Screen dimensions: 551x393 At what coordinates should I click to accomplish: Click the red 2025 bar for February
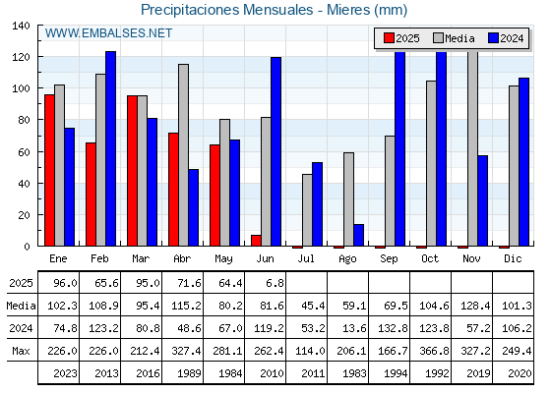[x=91, y=195]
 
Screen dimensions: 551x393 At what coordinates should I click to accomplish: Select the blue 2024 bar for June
[x=275, y=151]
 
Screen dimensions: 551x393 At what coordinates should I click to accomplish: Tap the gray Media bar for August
[x=348, y=199]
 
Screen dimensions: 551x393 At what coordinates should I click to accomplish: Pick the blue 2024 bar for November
[x=482, y=200]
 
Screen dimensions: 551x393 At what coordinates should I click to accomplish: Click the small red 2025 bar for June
[x=256, y=241]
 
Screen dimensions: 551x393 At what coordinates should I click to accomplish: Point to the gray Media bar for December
[x=514, y=166]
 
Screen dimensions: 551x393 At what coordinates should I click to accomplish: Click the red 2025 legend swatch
[x=389, y=38]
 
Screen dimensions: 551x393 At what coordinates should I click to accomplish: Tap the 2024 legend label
[x=512, y=38]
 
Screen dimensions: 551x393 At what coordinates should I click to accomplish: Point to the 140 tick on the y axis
[x=21, y=26]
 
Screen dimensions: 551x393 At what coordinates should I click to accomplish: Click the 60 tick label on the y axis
[x=24, y=152]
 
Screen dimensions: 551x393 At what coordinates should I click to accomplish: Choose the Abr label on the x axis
[x=182, y=258]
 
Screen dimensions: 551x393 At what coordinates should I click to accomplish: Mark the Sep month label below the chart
[x=389, y=258]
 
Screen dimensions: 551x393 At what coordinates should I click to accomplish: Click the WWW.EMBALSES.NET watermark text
[x=108, y=33]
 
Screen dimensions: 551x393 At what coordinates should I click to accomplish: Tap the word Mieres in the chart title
[x=348, y=10]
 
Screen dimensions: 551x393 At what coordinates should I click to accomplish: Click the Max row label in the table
[x=21, y=351]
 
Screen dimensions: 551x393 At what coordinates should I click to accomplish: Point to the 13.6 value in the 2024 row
[x=354, y=328]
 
